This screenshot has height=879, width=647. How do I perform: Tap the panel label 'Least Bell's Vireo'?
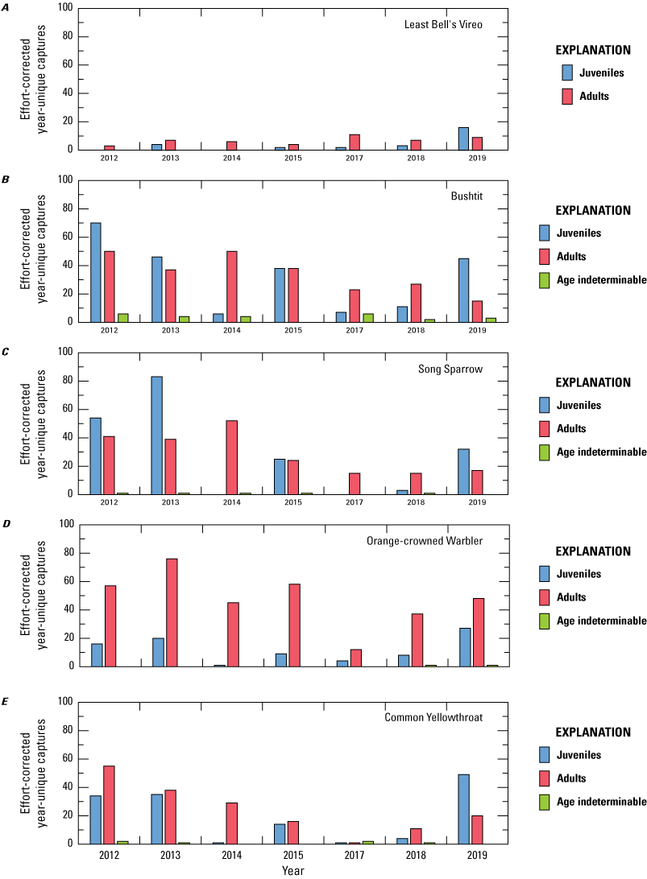click(443, 25)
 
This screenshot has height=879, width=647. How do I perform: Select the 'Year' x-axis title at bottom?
click(293, 870)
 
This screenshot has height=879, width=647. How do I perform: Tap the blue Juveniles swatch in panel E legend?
click(545, 755)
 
